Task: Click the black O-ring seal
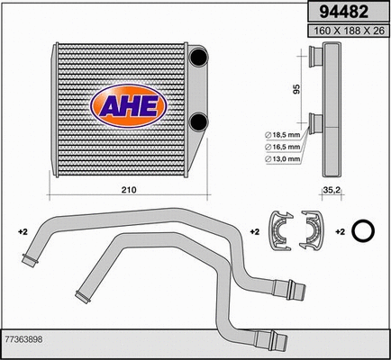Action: click(364, 231)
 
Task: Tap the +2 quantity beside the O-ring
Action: click(341, 232)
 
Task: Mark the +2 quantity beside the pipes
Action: click(23, 232)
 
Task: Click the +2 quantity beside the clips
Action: click(255, 232)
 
